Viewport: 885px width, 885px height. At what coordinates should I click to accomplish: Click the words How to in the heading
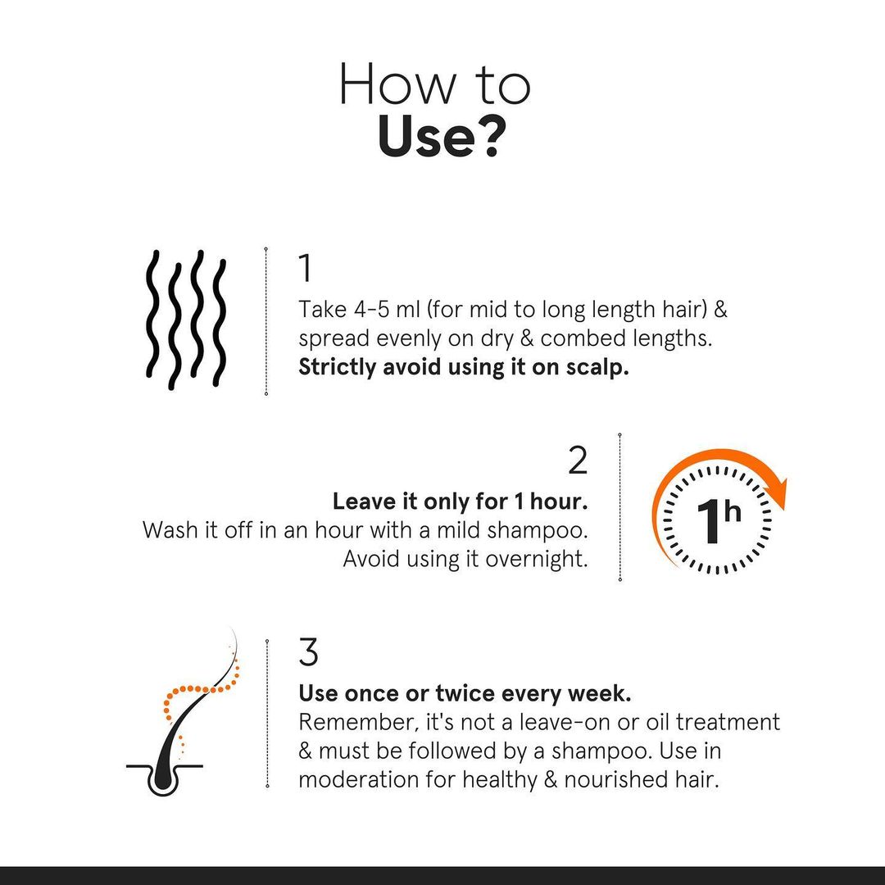pos(434,84)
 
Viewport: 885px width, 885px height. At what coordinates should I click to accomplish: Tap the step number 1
pos(305,269)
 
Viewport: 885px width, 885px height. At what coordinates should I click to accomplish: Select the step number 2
pos(578,461)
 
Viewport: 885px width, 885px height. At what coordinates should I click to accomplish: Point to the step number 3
pos(308,653)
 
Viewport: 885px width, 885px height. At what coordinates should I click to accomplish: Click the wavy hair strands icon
pos(185,319)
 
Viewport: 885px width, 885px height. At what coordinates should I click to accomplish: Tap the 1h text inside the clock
pos(718,521)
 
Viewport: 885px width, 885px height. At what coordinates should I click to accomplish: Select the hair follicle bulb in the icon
pos(162,779)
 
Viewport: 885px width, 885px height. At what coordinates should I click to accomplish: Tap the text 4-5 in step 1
pos(361,311)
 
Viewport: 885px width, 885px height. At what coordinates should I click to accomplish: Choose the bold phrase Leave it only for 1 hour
pos(460,501)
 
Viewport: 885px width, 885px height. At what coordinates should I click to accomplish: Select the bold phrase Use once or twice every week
pos(465,693)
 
